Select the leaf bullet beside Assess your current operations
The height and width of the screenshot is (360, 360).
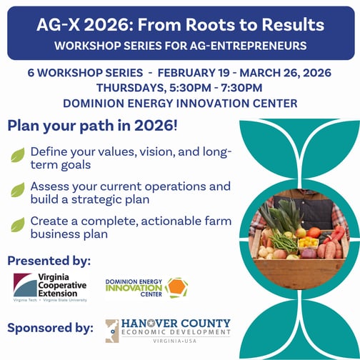pos(17,190)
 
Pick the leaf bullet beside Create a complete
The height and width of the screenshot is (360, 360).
pos(17,224)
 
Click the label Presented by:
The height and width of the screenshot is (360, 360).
pos(49,259)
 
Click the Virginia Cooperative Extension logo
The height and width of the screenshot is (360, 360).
pos(51,287)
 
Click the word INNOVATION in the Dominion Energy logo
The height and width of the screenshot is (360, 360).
pos(133,289)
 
